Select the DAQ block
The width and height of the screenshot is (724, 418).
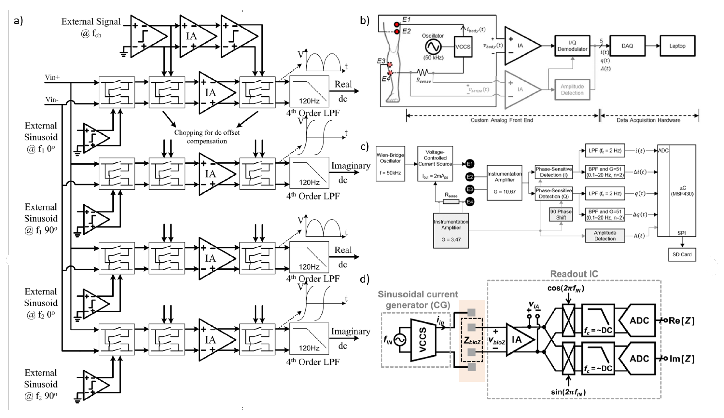[627, 46]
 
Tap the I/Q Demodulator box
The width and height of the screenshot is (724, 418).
[572, 46]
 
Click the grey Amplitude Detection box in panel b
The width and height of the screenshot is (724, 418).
[572, 90]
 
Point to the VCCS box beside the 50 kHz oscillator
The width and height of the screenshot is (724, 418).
[463, 47]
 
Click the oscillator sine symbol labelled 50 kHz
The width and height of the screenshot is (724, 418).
[433, 47]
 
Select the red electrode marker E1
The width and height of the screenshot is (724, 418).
[397, 24]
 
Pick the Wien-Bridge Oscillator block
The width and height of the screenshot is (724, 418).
[390, 164]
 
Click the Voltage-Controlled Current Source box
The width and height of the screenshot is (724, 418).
[435, 164]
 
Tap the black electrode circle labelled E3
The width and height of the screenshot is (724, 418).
[470, 189]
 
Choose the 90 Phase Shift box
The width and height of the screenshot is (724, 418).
[561, 214]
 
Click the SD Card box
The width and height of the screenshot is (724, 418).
[682, 255]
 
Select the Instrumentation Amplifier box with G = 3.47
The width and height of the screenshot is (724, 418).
[451, 231]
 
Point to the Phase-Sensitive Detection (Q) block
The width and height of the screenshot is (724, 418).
[554, 193]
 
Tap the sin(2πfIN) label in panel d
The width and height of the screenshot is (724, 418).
[568, 392]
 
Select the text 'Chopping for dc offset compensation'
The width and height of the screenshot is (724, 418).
[207, 137]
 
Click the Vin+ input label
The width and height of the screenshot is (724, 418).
[52, 77]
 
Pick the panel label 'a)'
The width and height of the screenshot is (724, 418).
[18, 21]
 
